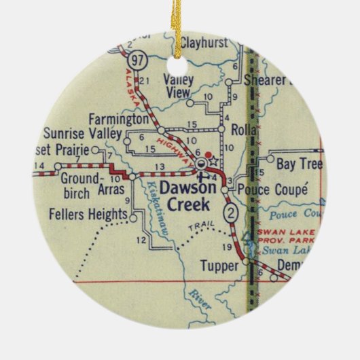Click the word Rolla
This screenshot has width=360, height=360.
tap(242, 130)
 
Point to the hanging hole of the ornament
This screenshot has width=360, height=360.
tap(179, 65)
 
